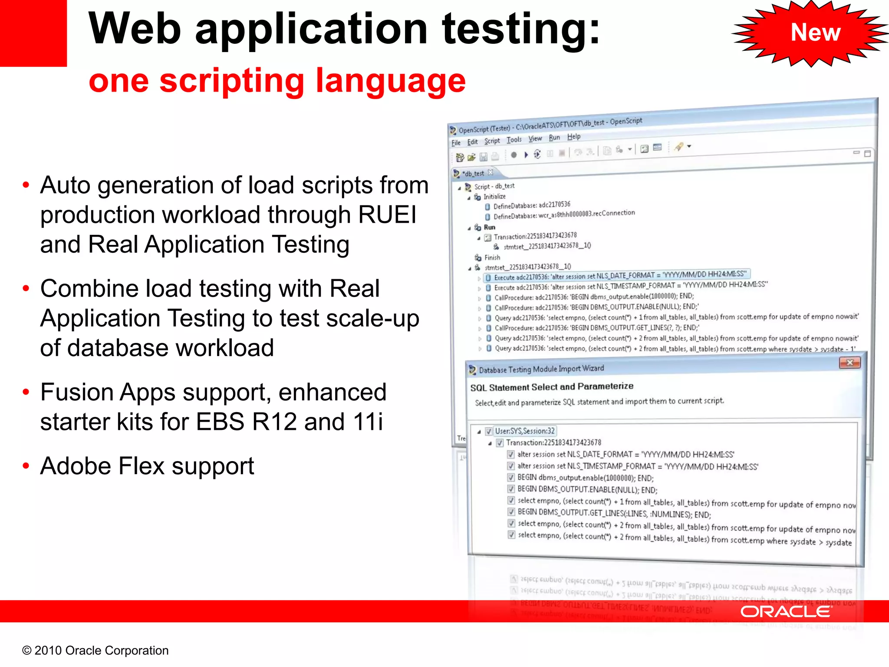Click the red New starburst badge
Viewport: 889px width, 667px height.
tap(815, 33)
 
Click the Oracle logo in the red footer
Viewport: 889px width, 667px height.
tap(785, 612)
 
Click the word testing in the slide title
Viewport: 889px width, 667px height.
tap(521, 30)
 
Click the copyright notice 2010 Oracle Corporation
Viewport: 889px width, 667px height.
tap(95, 650)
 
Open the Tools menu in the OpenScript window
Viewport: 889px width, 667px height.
tap(514, 140)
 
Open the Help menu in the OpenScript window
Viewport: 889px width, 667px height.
tap(573, 137)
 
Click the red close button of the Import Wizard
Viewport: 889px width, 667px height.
tap(849, 363)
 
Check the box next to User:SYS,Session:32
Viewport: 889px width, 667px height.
tap(489, 431)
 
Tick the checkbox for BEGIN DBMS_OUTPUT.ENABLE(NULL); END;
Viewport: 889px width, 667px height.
tap(511, 489)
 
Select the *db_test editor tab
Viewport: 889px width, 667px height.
tap(473, 174)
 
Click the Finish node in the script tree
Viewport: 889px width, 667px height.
tap(492, 258)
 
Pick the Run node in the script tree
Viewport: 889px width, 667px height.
tap(489, 227)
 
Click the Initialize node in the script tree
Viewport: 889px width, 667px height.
tap(494, 197)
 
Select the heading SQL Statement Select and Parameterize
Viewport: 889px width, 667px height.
tap(551, 387)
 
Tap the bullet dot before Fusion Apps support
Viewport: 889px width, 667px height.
tap(26, 393)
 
